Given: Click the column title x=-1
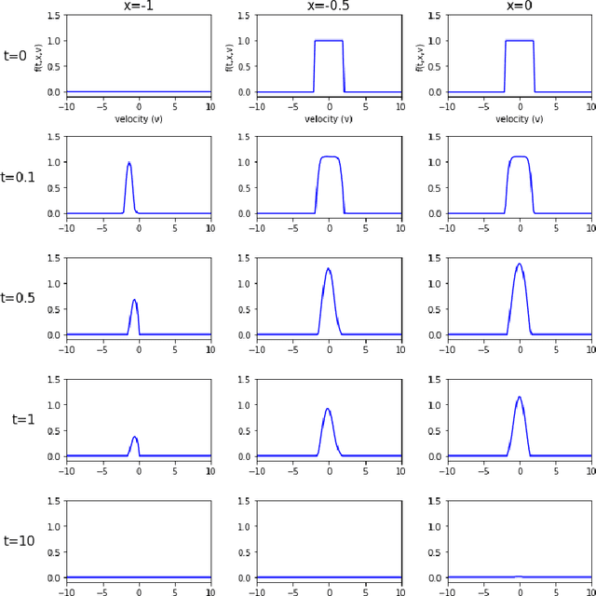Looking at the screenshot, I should (x=139, y=6).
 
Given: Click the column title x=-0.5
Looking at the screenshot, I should (x=329, y=6).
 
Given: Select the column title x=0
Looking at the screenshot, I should (x=520, y=6).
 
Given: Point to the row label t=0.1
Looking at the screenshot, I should (x=18, y=176).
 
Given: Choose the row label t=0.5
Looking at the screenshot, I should (x=18, y=298).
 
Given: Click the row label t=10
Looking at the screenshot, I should (x=19, y=540).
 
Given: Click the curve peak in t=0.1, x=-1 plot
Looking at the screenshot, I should (x=129, y=163).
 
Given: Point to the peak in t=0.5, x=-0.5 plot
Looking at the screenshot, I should (x=329, y=269).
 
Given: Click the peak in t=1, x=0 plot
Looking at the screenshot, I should (x=520, y=398).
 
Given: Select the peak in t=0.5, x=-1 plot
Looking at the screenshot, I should (x=135, y=300).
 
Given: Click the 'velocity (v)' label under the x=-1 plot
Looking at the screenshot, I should (x=139, y=119).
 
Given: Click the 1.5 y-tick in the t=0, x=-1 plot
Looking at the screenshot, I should (x=54, y=15).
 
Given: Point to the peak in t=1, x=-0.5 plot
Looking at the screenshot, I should (x=328, y=409).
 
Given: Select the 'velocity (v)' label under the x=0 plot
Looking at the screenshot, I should (x=520, y=119).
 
